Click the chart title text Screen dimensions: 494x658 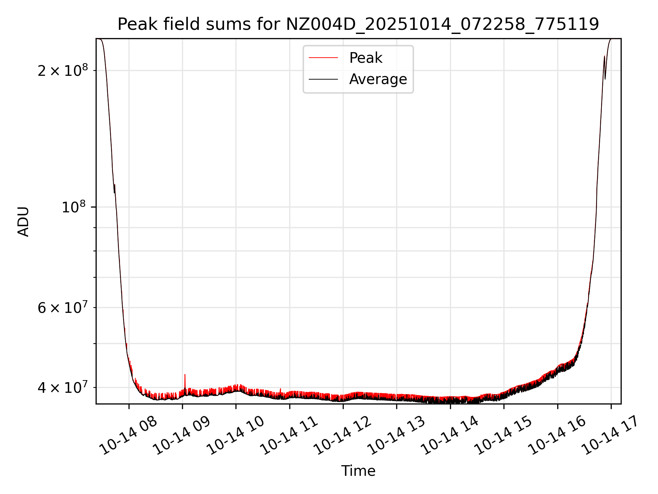point(358,24)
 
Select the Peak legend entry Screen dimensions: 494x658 point(365,58)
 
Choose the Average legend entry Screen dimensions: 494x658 point(378,79)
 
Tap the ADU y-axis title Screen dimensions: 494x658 point(23,221)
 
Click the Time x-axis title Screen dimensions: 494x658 point(358,471)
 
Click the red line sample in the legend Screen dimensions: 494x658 point(323,58)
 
